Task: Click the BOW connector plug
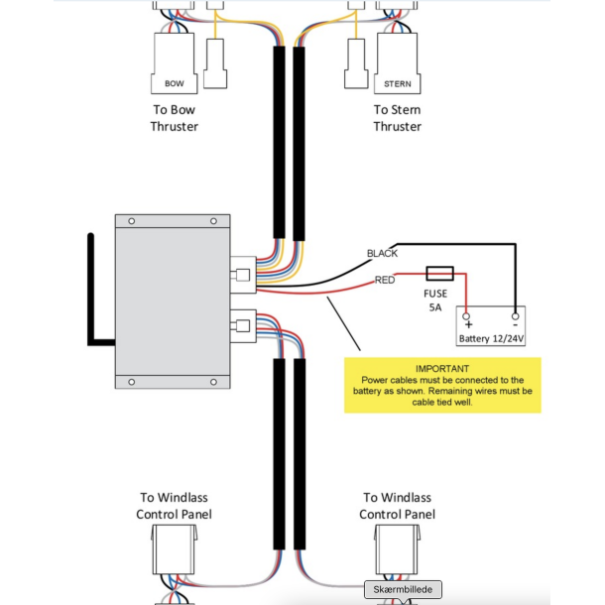175,67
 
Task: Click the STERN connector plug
397,67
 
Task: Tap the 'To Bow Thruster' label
175,118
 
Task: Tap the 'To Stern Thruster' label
397,118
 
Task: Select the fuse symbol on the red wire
439,272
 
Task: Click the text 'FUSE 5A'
435,301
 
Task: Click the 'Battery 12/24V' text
491,338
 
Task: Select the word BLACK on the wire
382,254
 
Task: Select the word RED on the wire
385,281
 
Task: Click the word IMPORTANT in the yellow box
441,368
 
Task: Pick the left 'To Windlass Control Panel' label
174,506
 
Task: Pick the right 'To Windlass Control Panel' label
397,506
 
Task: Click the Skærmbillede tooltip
402,589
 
